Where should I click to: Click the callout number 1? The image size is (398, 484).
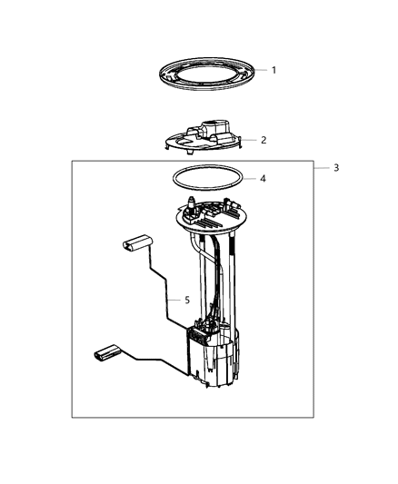274,70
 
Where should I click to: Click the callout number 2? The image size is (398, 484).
264,141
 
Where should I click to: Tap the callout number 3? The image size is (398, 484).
335,168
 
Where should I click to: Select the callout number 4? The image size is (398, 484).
263,179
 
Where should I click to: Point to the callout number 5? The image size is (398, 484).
187,300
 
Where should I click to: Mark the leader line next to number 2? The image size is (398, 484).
252,141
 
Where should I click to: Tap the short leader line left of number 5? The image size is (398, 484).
174,300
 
